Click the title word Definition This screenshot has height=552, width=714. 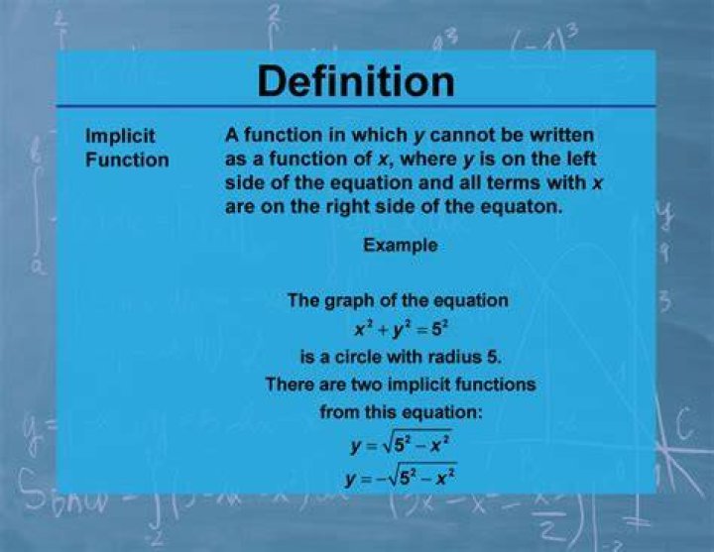pyautogui.click(x=356, y=81)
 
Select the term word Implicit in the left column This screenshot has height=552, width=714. pyautogui.click(x=120, y=136)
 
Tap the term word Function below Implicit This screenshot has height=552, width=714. pyautogui.click(x=127, y=160)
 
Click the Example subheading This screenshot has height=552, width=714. pyautogui.click(x=401, y=246)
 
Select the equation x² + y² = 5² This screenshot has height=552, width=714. pyautogui.click(x=402, y=329)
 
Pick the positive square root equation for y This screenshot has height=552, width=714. pyautogui.click(x=401, y=442)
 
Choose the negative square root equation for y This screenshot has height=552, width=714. pyautogui.click(x=401, y=476)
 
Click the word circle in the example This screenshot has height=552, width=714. pyautogui.click(x=358, y=357)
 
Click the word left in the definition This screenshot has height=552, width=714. pyautogui.click(x=580, y=159)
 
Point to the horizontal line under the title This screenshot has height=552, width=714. pyautogui.click(x=356, y=106)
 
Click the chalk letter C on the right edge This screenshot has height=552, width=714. pyautogui.click(x=686, y=422)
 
